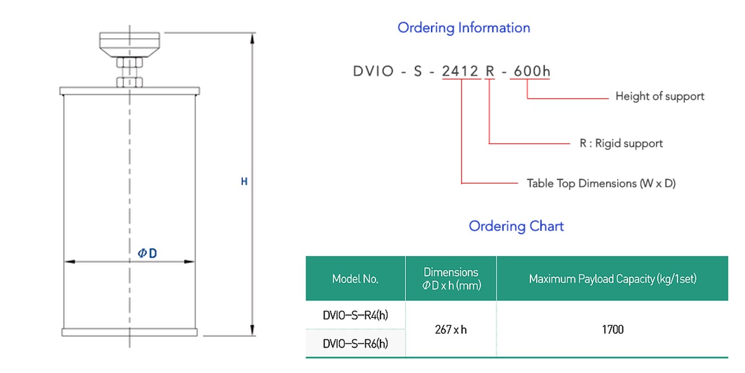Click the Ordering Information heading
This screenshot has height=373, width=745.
(464, 28)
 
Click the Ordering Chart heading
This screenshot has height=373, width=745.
(516, 226)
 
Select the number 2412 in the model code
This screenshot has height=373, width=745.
(460, 71)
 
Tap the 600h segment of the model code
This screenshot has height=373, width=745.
(529, 71)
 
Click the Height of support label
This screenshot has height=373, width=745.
(659, 96)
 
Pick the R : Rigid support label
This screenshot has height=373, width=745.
(621, 143)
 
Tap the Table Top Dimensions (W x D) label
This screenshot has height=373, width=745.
(601, 183)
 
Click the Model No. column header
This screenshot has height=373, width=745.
(355, 278)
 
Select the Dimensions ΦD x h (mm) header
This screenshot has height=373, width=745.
(451, 278)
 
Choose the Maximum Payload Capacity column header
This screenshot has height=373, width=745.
(612, 278)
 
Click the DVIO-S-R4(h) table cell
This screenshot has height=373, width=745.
(355, 315)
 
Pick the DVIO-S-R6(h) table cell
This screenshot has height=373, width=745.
(355, 343)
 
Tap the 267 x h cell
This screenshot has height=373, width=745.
(451, 330)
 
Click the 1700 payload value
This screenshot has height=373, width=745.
(612, 330)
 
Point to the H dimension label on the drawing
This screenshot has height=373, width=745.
(244, 182)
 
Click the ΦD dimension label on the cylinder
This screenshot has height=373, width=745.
(147, 254)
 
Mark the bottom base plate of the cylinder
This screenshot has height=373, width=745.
(129, 332)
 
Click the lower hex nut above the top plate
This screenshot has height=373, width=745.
(130, 82)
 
